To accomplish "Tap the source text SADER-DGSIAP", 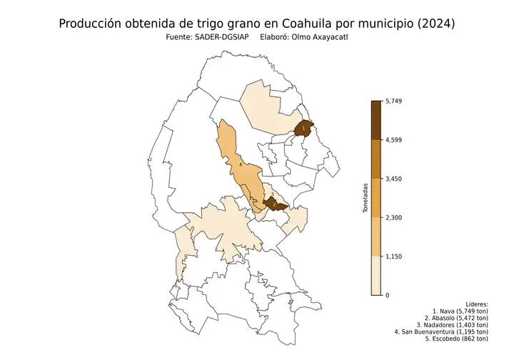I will [220, 37].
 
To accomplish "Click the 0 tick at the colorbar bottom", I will [387, 295].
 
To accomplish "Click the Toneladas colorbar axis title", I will [366, 198].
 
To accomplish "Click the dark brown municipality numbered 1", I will [305, 128].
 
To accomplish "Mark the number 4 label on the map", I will [241, 164].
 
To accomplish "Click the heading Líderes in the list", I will [475, 304].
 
